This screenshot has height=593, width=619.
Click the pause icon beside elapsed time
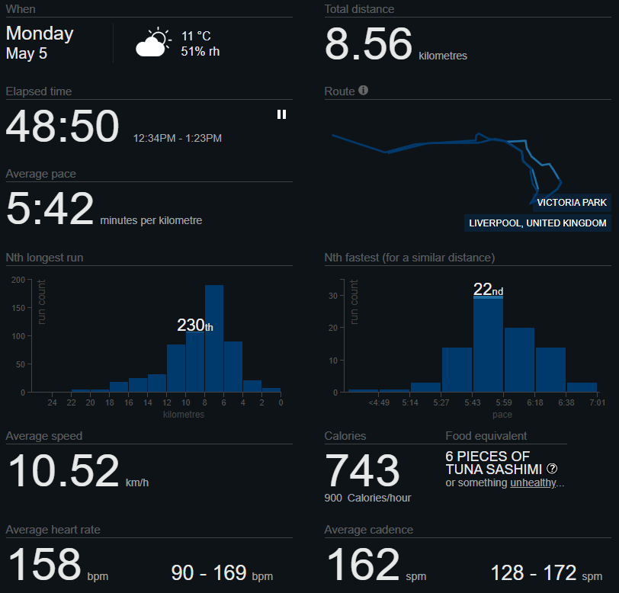pos(281,114)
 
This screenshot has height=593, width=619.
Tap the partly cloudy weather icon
pos(152,43)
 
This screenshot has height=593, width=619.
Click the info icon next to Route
pos(364,91)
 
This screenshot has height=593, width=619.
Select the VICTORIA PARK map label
pos(572,203)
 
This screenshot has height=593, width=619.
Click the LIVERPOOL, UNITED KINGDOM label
pos(537,223)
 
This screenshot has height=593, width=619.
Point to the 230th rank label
pos(194,325)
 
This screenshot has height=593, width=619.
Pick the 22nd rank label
pos(488,290)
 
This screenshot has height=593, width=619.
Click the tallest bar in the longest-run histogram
pos(214,339)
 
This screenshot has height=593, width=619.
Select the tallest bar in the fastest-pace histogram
pos(488,345)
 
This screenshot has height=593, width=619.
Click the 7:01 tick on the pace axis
pos(596,402)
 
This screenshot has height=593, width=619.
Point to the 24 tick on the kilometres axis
pos(52,402)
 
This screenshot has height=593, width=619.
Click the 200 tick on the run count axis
pos(18,280)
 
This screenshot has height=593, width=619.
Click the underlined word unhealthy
pos(534,483)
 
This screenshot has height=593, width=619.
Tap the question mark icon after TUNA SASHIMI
pos(552,469)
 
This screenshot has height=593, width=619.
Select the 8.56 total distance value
pos(368,44)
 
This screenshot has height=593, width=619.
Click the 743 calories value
pos(362,470)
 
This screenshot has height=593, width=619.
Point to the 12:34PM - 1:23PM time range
pos(177,138)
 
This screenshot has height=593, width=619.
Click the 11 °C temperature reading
pos(196,36)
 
